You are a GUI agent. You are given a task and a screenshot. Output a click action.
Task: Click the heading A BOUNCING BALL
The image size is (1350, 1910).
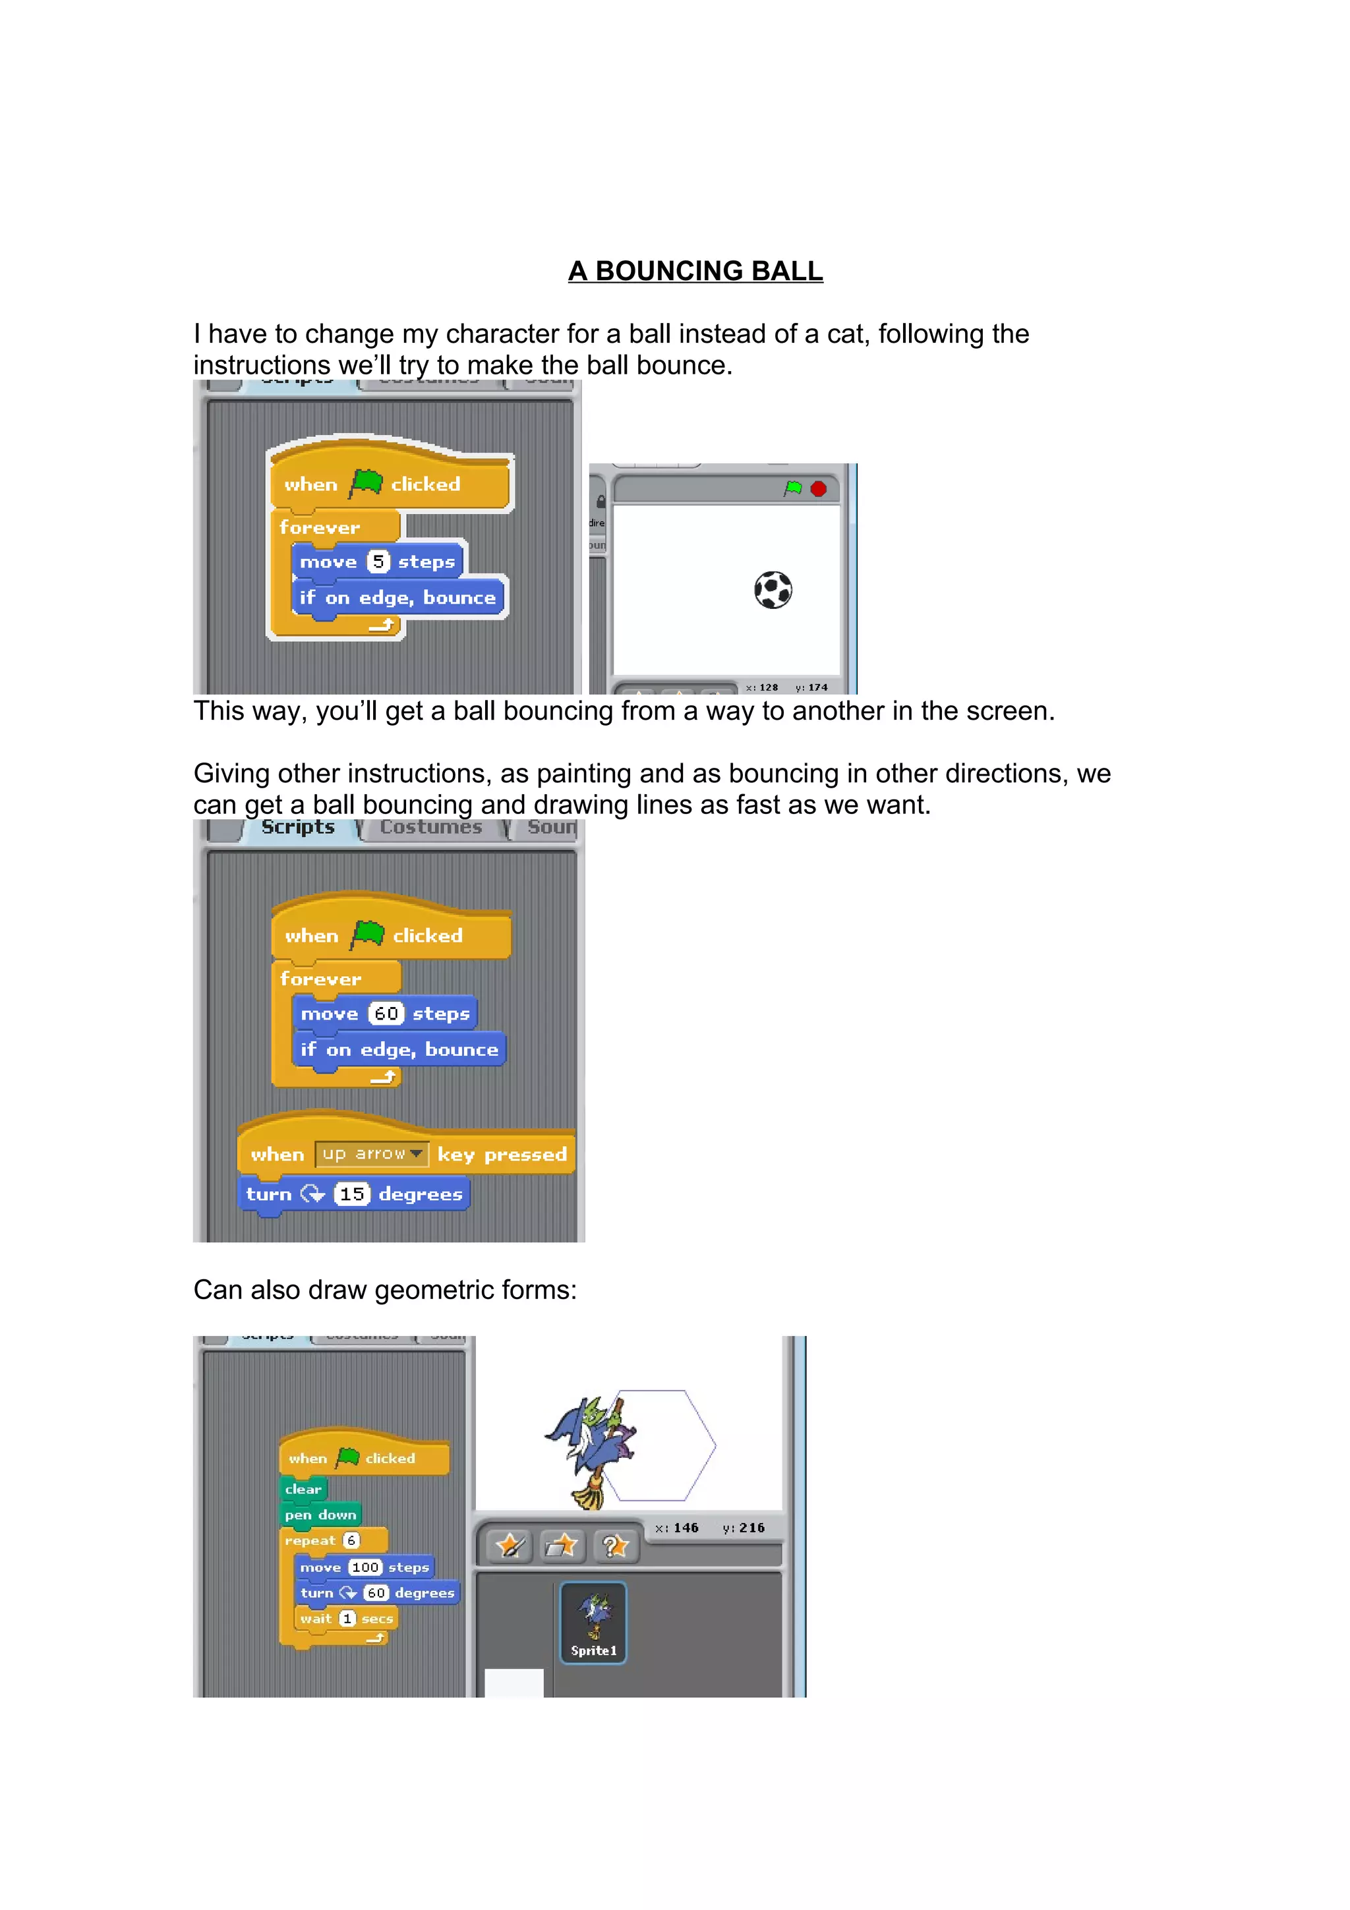click(x=695, y=271)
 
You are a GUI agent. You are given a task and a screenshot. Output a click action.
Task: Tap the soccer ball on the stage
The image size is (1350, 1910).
click(x=773, y=590)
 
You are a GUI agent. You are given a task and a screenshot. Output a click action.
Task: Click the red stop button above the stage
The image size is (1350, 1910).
click(x=819, y=488)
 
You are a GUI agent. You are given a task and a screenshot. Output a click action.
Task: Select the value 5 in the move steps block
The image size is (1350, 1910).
click(x=378, y=562)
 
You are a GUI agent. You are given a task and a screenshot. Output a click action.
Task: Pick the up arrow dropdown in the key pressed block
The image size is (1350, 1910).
click(x=372, y=1154)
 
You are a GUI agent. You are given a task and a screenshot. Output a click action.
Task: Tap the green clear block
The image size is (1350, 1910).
click(x=303, y=1489)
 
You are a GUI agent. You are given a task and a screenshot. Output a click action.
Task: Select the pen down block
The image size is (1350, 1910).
click(x=320, y=1515)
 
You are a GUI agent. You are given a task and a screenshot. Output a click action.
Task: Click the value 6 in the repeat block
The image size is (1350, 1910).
click(x=351, y=1541)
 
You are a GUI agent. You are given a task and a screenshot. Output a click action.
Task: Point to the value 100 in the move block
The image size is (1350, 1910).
click(x=365, y=1567)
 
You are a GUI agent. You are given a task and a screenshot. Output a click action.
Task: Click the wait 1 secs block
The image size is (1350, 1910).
click(x=346, y=1618)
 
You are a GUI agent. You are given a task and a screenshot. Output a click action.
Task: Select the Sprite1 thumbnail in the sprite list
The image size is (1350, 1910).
click(x=593, y=1622)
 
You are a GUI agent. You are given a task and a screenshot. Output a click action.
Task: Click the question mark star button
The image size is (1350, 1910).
click(x=615, y=1546)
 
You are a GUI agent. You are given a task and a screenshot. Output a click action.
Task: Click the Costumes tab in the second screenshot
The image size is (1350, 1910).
click(x=431, y=828)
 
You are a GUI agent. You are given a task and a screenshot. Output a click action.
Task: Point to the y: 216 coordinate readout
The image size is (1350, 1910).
click(x=744, y=1528)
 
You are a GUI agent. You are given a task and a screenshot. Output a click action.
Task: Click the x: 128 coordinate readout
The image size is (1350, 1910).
click(x=762, y=688)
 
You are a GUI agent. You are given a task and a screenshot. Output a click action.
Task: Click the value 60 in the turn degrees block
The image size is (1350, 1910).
click(x=376, y=1593)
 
